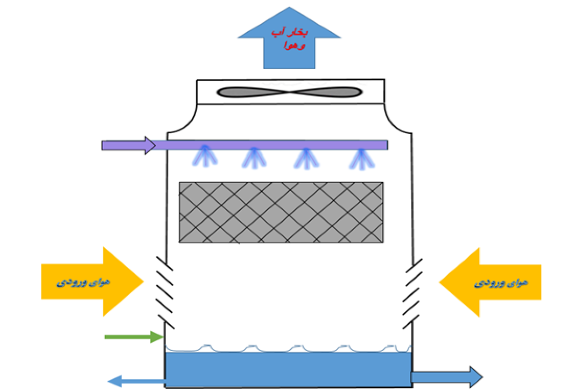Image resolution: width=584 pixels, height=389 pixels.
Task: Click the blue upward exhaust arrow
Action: (289, 53)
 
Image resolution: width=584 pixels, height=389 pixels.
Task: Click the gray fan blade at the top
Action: (289, 92)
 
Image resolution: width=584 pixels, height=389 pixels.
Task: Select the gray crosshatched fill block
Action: (281, 212)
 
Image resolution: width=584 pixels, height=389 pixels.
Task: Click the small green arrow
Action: (133, 336)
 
